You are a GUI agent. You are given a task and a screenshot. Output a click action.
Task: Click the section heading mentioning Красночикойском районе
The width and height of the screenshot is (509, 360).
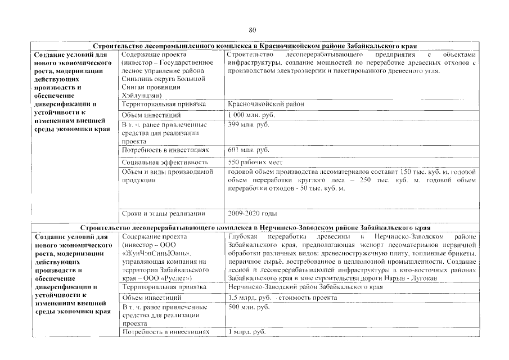coord(254,46)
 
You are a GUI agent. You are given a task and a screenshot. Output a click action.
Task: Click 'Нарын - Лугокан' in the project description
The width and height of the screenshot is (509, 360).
coord(449,278)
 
